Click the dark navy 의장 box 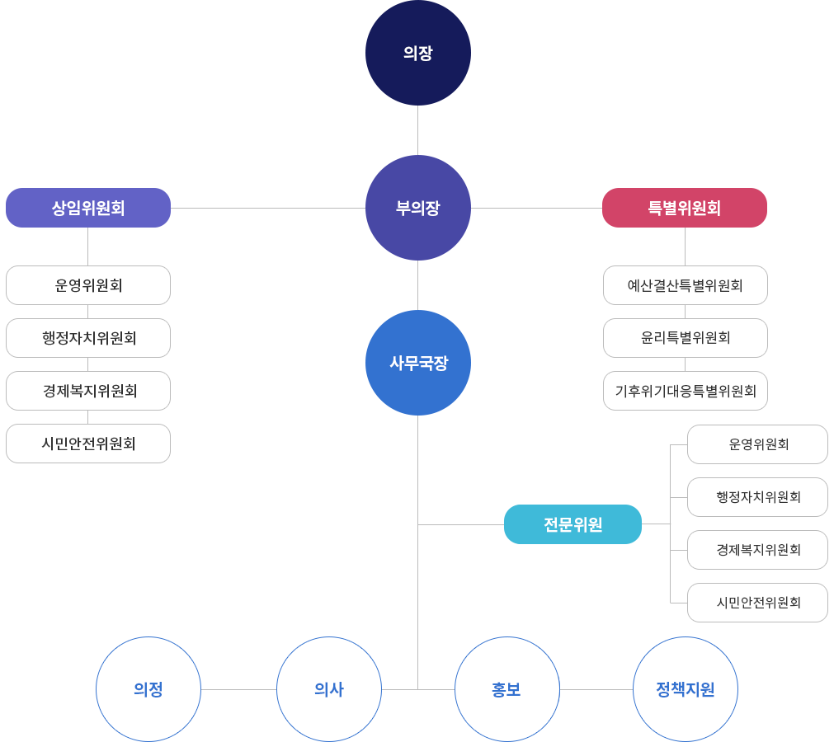[x=418, y=55]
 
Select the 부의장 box [x=418, y=208]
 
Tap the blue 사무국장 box [x=418, y=363]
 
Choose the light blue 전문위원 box [x=572, y=524]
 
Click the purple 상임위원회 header [x=88, y=208]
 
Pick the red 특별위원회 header [x=684, y=208]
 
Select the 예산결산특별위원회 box [x=686, y=285]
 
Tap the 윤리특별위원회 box [x=686, y=337]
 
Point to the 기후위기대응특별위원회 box [x=686, y=390]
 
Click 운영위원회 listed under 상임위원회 [x=88, y=285]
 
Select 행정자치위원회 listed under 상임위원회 [x=88, y=337]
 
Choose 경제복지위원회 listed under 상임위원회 [x=88, y=390]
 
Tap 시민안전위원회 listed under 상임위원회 [x=88, y=444]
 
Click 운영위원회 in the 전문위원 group [x=758, y=444]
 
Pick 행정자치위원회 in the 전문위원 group [x=758, y=497]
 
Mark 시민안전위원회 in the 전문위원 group [x=758, y=603]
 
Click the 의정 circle [x=148, y=689]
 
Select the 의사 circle [x=328, y=689]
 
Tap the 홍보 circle [x=507, y=689]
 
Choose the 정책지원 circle [x=685, y=689]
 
